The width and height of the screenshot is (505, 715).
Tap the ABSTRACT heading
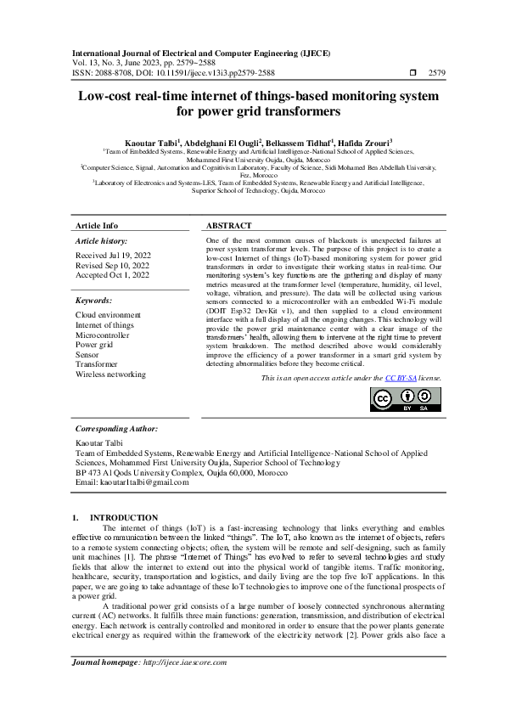pyautogui.click(x=229, y=226)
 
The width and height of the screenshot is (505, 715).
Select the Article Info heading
pyautogui.click(x=98, y=226)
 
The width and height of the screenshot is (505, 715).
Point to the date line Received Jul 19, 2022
pyautogui.click(x=113, y=255)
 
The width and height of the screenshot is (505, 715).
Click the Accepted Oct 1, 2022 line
pyautogui.click(x=111, y=275)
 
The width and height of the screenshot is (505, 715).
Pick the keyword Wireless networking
pyautogui.click(x=110, y=374)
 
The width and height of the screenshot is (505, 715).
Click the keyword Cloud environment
pyautogui.click(x=108, y=315)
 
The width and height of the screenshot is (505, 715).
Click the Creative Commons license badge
pyautogui.click(x=405, y=400)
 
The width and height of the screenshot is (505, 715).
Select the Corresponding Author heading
pyautogui.click(x=116, y=430)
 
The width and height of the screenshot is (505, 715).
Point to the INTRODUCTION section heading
pyautogui.click(x=124, y=517)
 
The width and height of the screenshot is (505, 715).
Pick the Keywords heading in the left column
pyautogui.click(x=94, y=301)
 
